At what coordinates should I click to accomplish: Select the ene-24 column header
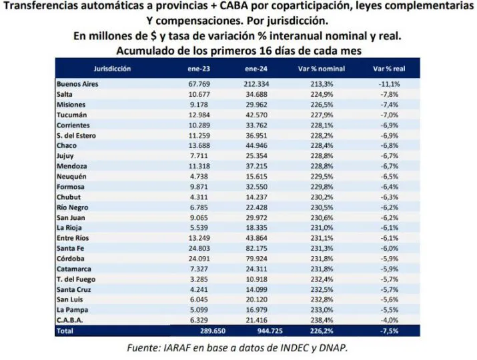[x=256, y=69]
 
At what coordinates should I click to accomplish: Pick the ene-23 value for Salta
[x=199, y=95]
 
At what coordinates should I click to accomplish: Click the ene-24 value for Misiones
[x=256, y=105]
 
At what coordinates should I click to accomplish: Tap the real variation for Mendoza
[x=389, y=166]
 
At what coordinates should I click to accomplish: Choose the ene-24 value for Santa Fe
[x=256, y=247]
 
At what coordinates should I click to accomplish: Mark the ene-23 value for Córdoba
[x=199, y=258]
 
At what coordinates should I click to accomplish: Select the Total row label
[x=65, y=330]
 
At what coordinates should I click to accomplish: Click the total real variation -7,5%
[x=389, y=330]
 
